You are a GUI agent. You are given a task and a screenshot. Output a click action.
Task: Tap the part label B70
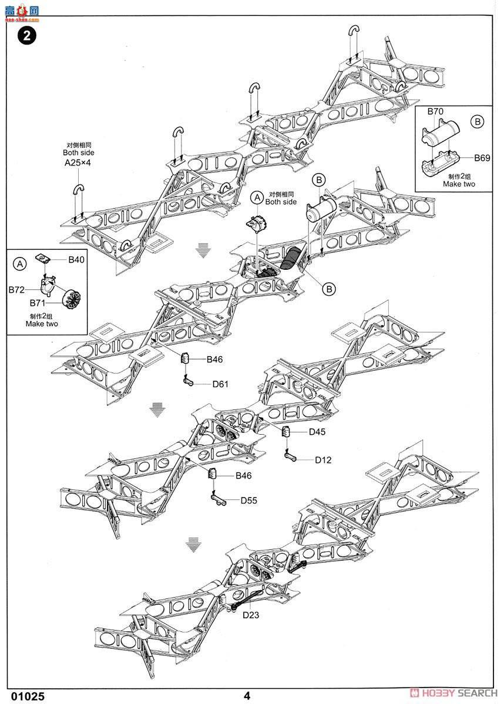[435, 111]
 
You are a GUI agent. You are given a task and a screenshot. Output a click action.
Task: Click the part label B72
[17, 290]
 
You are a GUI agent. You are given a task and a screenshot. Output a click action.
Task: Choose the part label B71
[39, 303]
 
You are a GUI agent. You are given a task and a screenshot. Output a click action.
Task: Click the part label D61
[220, 384]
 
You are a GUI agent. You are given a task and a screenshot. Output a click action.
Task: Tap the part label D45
[317, 432]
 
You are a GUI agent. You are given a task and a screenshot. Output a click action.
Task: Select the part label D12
[323, 460]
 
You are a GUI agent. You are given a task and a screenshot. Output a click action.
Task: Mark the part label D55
[248, 500]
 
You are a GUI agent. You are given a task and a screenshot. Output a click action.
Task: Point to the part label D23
[251, 615]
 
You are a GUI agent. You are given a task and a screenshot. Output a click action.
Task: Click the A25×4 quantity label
[78, 163]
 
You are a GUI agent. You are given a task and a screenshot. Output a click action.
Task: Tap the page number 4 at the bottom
[247, 696]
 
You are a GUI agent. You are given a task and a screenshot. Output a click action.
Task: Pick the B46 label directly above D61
[214, 360]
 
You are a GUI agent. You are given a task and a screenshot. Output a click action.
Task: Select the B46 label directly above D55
[243, 476]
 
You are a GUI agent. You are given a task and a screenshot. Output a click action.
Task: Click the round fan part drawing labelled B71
[70, 301]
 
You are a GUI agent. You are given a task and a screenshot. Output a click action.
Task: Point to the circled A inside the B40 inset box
[20, 265]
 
